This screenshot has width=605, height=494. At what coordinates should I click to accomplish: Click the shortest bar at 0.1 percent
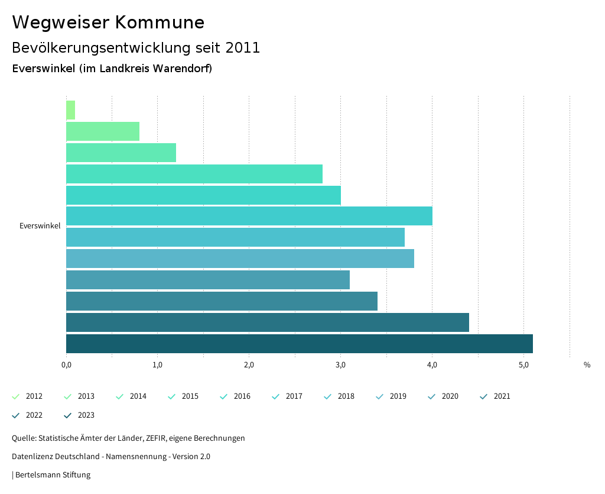point(70,110)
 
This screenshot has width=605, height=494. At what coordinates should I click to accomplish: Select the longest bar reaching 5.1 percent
point(299,344)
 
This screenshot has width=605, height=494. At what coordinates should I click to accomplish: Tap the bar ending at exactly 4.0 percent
point(249,216)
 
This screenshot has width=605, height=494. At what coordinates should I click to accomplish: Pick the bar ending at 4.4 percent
point(267,322)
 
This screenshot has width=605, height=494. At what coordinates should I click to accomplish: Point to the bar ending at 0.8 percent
point(102,131)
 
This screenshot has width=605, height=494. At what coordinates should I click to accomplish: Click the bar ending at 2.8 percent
point(194,174)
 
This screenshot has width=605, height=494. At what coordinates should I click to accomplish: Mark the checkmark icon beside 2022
point(16,415)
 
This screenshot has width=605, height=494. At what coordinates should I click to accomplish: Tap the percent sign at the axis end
point(587,365)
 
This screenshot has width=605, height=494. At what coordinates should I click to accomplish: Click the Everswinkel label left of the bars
point(40,226)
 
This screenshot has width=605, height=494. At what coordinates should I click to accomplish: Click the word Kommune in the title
point(160,22)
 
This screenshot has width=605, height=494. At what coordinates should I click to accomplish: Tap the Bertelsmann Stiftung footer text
point(53,475)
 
